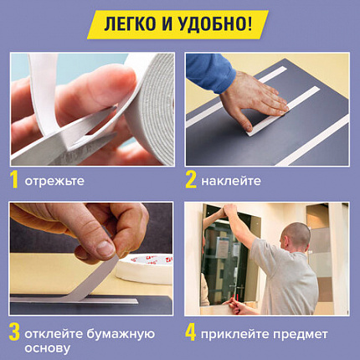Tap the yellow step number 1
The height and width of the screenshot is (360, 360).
[x=14, y=178]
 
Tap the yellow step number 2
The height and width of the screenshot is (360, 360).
[x=192, y=178]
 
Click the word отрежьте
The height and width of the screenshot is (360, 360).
[x=54, y=180]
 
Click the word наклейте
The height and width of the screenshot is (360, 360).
[x=232, y=180]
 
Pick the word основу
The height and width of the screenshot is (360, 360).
[x=48, y=347]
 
